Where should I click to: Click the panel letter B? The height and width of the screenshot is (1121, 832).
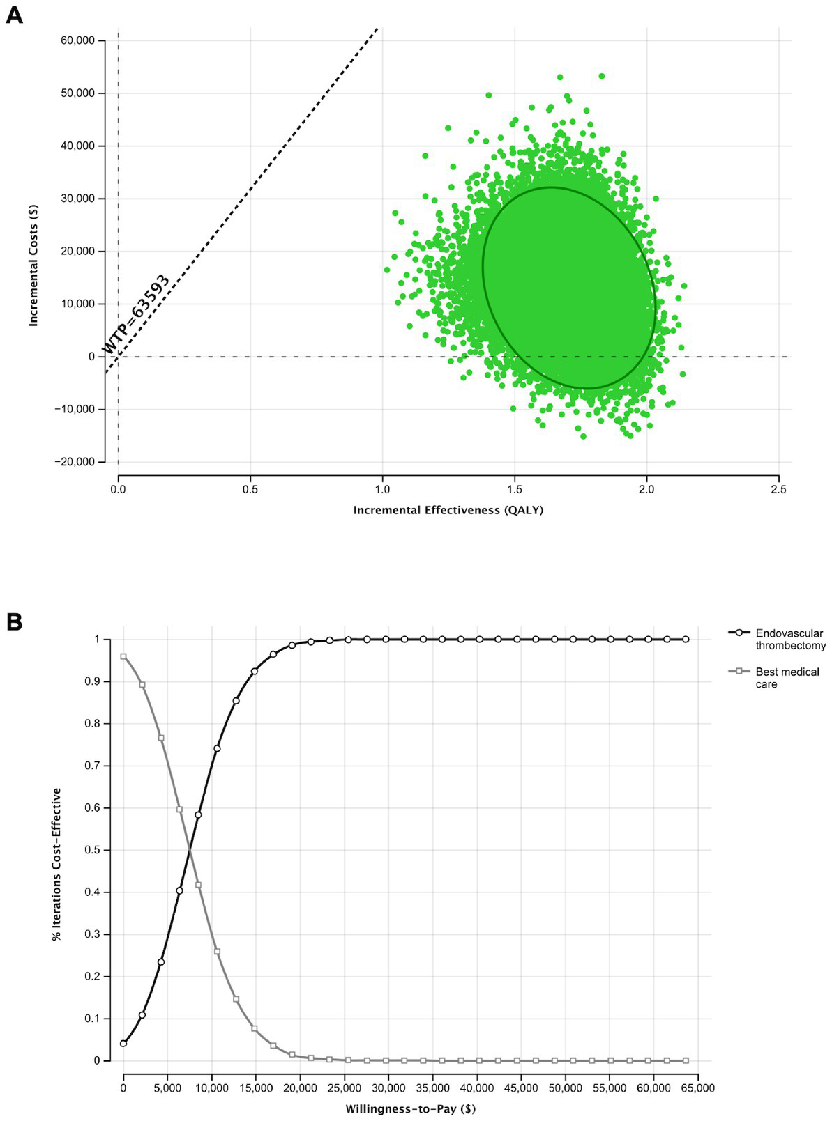(13, 621)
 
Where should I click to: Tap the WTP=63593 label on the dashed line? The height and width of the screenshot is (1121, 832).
(137, 314)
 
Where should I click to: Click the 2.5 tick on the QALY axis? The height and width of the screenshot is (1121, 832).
(778, 490)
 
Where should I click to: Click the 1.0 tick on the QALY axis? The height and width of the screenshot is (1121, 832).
(382, 490)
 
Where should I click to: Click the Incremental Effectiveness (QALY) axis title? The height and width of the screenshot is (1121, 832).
(448, 510)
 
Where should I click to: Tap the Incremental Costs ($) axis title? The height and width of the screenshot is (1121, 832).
(33, 265)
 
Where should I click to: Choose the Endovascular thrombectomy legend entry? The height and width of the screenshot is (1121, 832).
(789, 639)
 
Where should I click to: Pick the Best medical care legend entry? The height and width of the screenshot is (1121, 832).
(787, 677)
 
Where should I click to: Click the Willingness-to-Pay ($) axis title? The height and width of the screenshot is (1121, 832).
(410, 1108)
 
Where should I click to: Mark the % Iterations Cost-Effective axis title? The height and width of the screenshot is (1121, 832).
(56, 864)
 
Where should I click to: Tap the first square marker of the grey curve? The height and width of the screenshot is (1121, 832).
(123, 656)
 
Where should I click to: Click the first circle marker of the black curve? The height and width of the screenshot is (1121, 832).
(123, 1043)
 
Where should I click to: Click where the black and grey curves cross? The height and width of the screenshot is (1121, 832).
(189, 849)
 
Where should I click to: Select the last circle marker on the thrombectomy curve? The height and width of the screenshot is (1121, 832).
(686, 639)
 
